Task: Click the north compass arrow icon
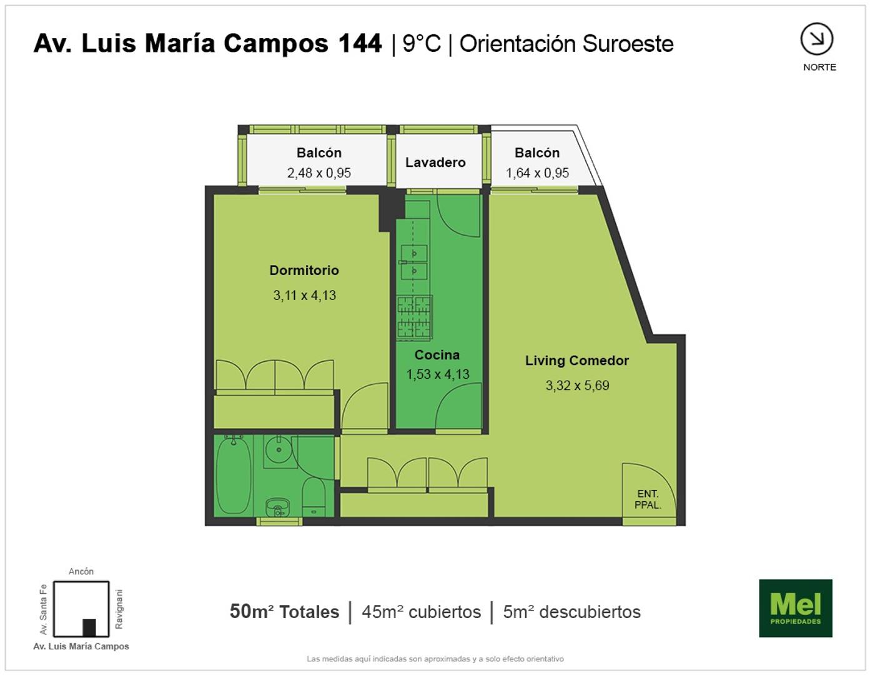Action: click(x=817, y=39)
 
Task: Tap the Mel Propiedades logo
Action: click(x=796, y=608)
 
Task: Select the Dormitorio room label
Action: click(x=304, y=270)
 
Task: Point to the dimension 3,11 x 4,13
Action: click(x=304, y=295)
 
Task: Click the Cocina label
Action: click(x=437, y=354)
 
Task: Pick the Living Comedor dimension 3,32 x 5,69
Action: click(x=577, y=386)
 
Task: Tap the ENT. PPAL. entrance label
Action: click(x=648, y=499)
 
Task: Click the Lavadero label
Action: click(x=435, y=162)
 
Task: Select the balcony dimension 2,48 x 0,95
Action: click(x=319, y=172)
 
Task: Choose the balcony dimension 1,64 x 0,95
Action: click(x=537, y=172)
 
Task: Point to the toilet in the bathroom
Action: click(x=313, y=497)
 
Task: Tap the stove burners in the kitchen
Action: click(x=415, y=317)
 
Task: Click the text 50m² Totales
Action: click(x=284, y=612)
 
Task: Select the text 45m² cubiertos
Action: click(x=421, y=612)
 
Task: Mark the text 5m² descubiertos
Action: click(x=571, y=612)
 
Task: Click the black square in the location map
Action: click(x=89, y=627)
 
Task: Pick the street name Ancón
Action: click(x=81, y=571)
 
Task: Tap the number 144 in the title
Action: click(x=360, y=43)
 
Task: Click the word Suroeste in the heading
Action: click(x=628, y=44)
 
